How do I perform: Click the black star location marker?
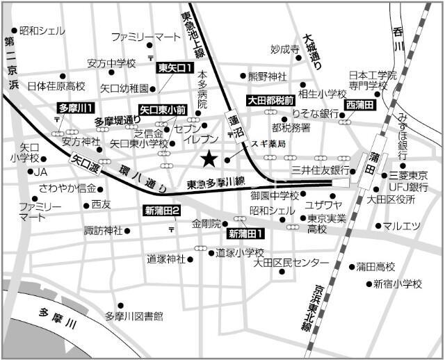[x=208, y=159]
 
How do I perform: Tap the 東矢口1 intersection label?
[x=175, y=67]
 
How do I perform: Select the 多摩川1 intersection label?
[x=76, y=108]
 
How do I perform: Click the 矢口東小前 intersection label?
[x=163, y=109]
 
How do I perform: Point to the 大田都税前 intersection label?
[x=271, y=100]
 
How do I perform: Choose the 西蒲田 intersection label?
[x=359, y=104]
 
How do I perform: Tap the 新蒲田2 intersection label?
[x=162, y=211]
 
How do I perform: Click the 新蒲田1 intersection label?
[x=250, y=233]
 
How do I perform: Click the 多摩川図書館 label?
[x=133, y=316]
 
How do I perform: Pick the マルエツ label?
[x=403, y=225]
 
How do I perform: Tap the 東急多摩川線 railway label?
[x=216, y=183]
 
